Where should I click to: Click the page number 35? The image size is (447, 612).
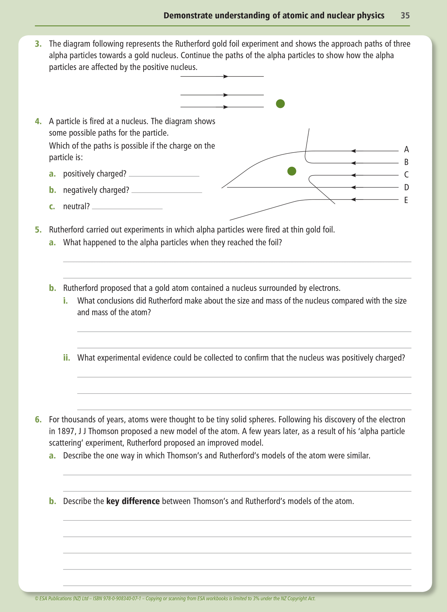tap(405, 15)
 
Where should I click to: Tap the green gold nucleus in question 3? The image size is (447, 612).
tap(280, 104)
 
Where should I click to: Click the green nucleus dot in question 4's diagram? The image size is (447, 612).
tap(292, 171)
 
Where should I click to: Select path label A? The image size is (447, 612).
tap(406, 150)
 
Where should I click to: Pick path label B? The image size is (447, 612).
tap(406, 162)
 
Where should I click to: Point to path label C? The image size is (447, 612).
tap(406, 175)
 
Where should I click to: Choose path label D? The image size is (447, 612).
tap(406, 187)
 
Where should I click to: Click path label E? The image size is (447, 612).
tap(406, 200)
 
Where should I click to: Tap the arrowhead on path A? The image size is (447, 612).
tap(354, 151)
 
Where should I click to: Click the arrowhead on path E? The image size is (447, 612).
tap(354, 200)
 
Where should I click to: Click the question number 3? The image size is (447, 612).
tap(38, 44)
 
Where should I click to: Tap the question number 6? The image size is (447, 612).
tap(38, 420)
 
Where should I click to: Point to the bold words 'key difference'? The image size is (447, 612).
tap(133, 501)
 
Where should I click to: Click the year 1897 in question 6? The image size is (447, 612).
tap(66, 431)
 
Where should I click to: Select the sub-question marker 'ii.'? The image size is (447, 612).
tap(67, 358)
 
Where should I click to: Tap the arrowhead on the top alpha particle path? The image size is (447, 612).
tap(226, 76)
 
